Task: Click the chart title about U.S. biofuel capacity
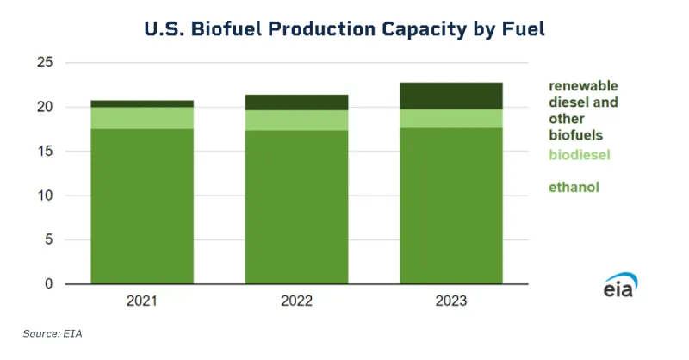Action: point(344,28)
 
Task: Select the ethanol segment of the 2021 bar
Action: point(142,207)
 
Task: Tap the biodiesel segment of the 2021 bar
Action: point(142,118)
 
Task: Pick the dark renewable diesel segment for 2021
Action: point(142,103)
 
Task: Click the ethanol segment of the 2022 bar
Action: point(297,207)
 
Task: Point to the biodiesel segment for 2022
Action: point(297,121)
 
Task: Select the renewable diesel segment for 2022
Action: point(297,102)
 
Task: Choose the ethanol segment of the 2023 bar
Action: point(451,207)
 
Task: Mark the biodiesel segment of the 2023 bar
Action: point(451,119)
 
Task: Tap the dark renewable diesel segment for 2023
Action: point(451,96)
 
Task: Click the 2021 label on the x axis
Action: point(142,301)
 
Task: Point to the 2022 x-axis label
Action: point(297,301)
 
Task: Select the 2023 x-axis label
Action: point(451,301)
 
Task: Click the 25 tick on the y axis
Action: point(45,63)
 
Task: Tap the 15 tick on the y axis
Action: point(45,152)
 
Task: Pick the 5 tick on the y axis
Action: point(48,240)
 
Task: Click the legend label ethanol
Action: point(574,187)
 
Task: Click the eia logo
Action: point(618,285)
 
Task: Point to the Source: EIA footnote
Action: point(53,332)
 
